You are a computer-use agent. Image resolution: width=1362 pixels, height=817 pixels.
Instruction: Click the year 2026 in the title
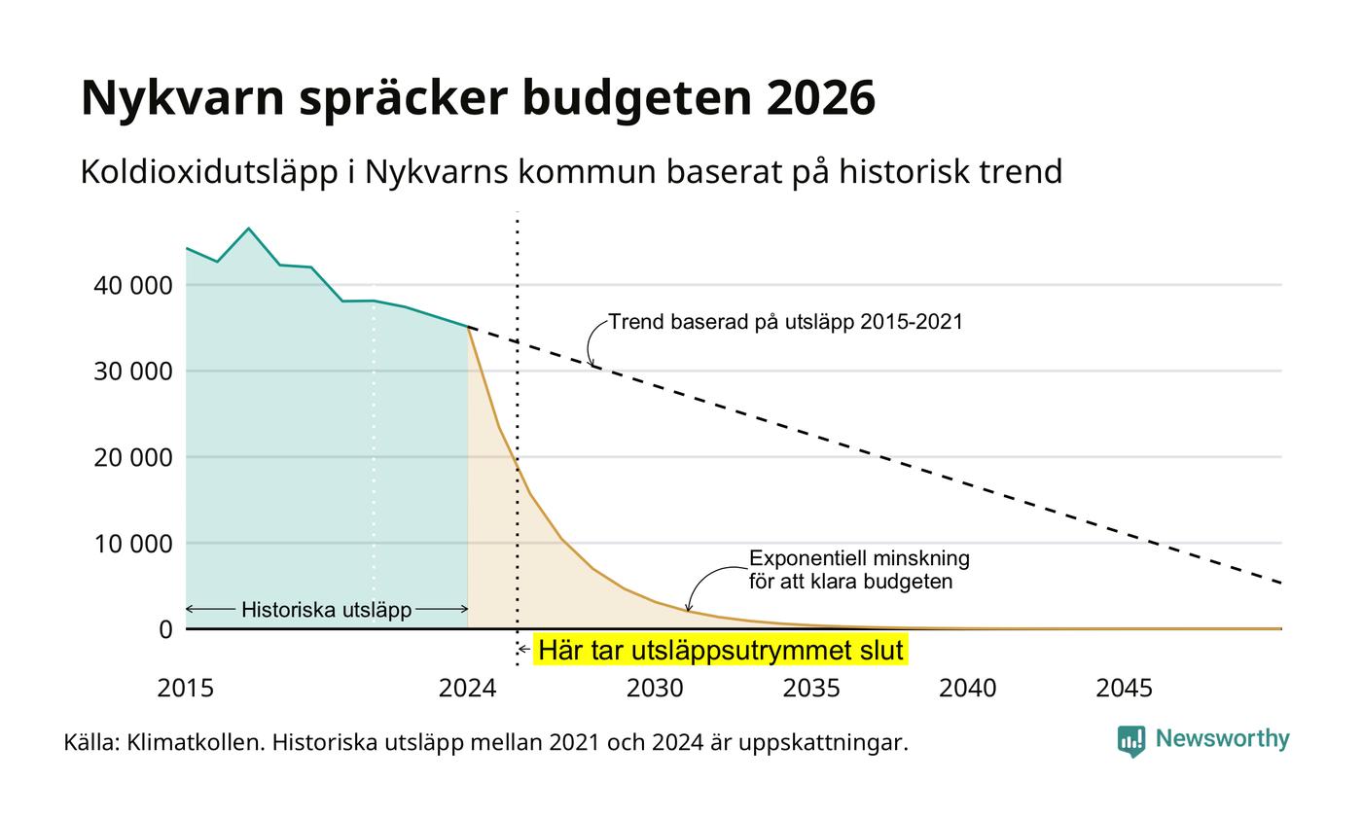coord(820,97)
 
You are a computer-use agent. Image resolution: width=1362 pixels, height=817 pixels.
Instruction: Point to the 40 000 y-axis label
coord(133,285)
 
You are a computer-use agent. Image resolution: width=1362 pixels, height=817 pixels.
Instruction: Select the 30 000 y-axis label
coord(133,372)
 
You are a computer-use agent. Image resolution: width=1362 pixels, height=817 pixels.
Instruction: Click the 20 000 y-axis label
coord(133,458)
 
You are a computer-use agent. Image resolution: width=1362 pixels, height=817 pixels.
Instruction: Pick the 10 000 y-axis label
coord(133,544)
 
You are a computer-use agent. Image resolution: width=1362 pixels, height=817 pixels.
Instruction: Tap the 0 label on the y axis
coord(166,630)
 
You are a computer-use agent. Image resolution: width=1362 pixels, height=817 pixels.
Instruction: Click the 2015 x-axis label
coord(186,689)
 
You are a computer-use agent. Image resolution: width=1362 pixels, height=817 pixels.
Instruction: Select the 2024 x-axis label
coord(468,689)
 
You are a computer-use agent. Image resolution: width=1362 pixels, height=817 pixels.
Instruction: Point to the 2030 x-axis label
coord(655,689)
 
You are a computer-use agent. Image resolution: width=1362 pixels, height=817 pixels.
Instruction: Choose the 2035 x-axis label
coord(811,689)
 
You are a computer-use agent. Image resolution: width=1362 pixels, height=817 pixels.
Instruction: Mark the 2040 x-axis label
coord(967,689)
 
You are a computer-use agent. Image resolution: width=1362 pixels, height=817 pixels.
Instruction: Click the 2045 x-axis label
coord(1124,689)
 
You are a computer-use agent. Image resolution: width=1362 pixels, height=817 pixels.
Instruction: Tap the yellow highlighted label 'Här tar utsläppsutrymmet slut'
coord(721,650)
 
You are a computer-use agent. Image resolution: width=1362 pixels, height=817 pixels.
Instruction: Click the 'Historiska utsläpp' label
coord(327,610)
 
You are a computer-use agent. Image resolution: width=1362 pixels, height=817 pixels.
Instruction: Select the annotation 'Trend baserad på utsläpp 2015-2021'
coord(786,322)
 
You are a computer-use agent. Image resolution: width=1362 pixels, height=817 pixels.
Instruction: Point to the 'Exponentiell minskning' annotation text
coord(859,558)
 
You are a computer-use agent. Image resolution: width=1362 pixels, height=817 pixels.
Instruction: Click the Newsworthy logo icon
coord(1130,741)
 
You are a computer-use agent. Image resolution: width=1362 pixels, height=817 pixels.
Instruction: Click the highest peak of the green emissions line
coord(248,229)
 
